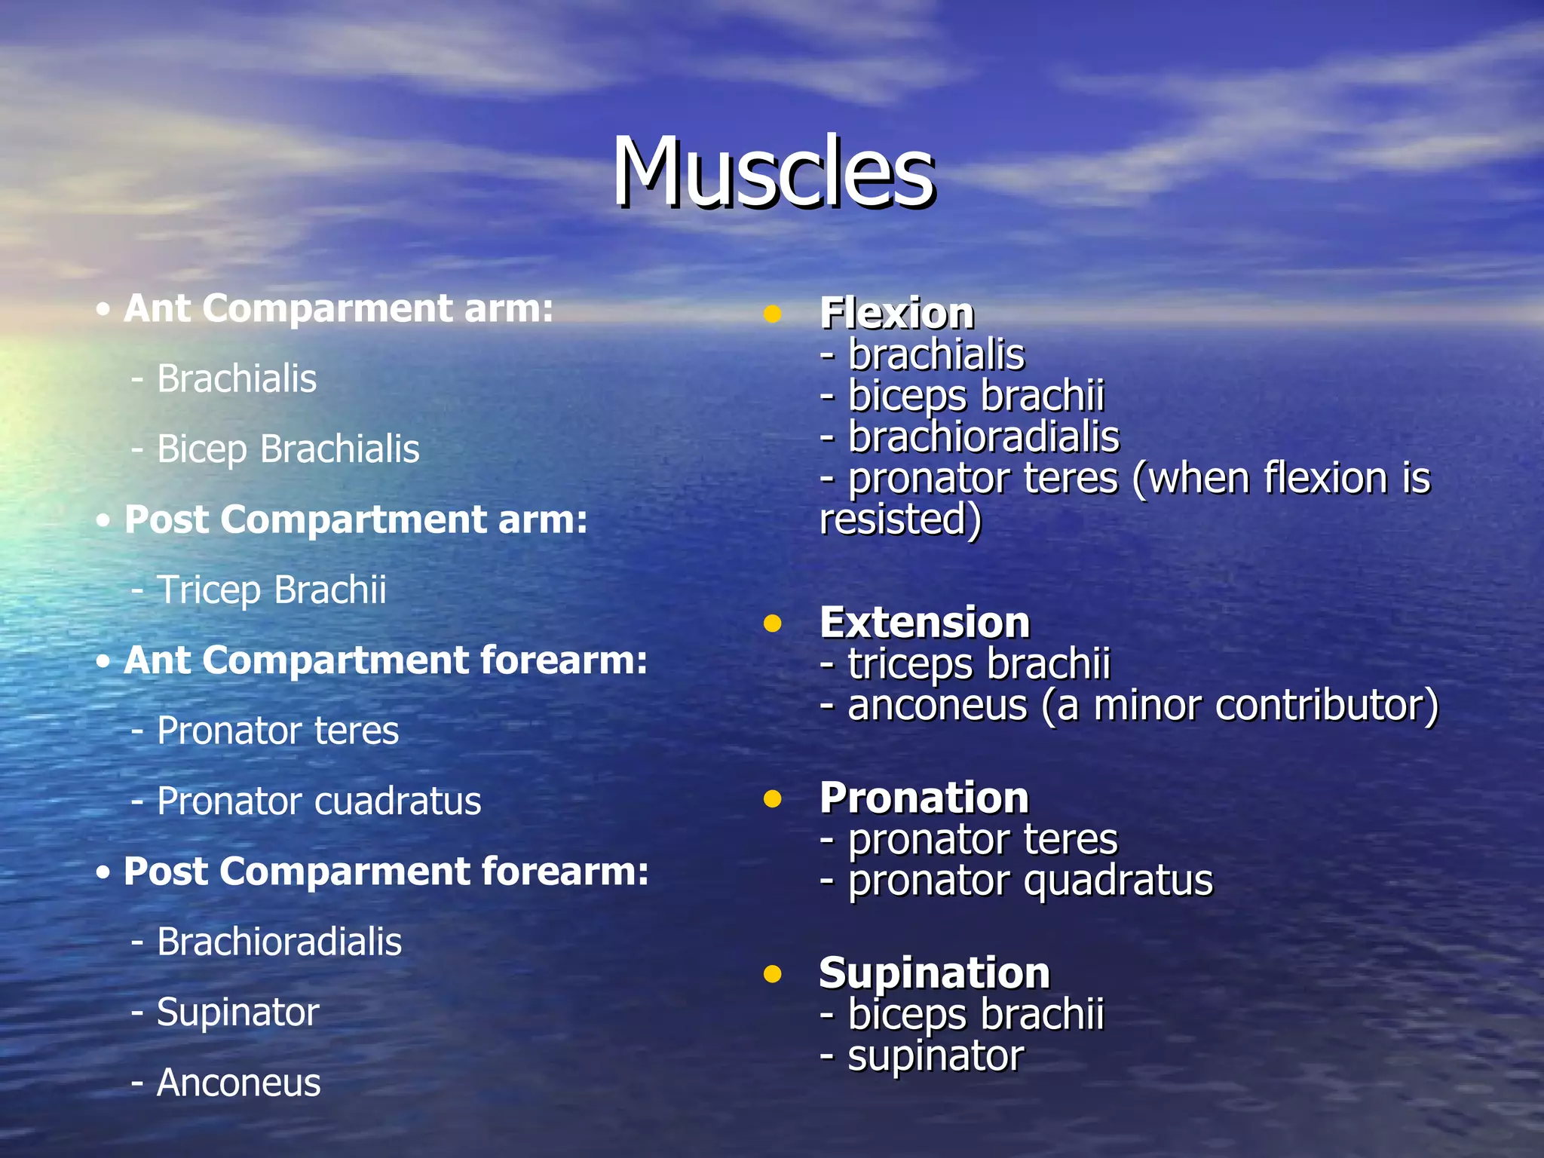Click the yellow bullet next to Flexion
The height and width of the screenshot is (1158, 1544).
pyautogui.click(x=772, y=314)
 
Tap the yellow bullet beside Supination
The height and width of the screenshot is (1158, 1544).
pyautogui.click(x=772, y=974)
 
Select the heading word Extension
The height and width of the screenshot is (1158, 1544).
pyautogui.click(x=924, y=623)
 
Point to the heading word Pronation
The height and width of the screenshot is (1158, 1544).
pyautogui.click(x=924, y=798)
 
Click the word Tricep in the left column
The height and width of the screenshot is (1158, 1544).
pyautogui.click(x=208, y=590)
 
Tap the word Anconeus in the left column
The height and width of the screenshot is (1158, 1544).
pyautogui.click(x=238, y=1083)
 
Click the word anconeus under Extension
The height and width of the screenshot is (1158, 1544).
pyautogui.click(x=937, y=706)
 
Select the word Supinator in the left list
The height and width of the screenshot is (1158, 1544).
pyautogui.click(x=237, y=1012)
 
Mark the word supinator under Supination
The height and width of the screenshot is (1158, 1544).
pyautogui.click(x=936, y=1056)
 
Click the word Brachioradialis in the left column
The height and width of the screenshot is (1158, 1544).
pyautogui.click(x=279, y=942)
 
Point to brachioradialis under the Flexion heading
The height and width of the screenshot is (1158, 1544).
pyautogui.click(x=983, y=437)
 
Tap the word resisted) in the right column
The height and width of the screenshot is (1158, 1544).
pyautogui.click(x=900, y=520)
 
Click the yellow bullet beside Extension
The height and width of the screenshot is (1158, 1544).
pyautogui.click(x=772, y=623)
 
